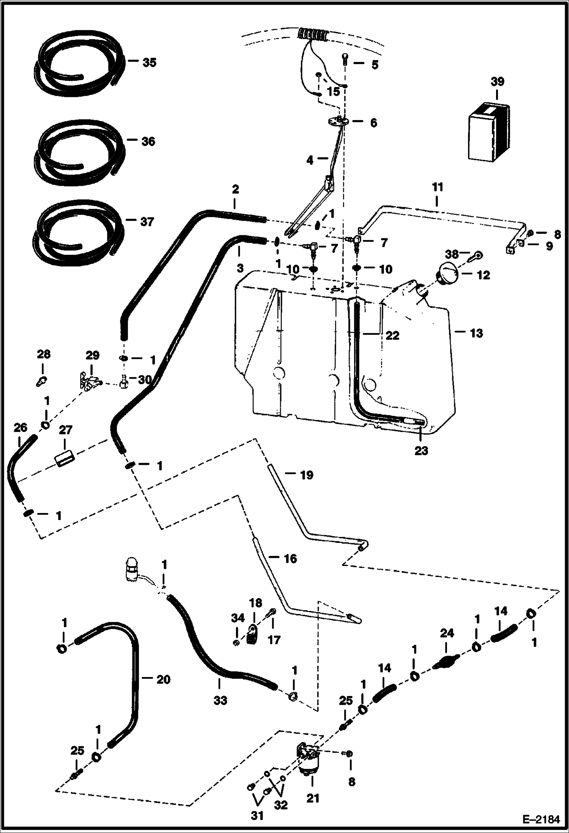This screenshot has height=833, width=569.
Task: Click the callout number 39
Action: (497, 82)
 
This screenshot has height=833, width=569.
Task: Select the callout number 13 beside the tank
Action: (476, 333)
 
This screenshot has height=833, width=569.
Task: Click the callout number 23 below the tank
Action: (421, 450)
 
